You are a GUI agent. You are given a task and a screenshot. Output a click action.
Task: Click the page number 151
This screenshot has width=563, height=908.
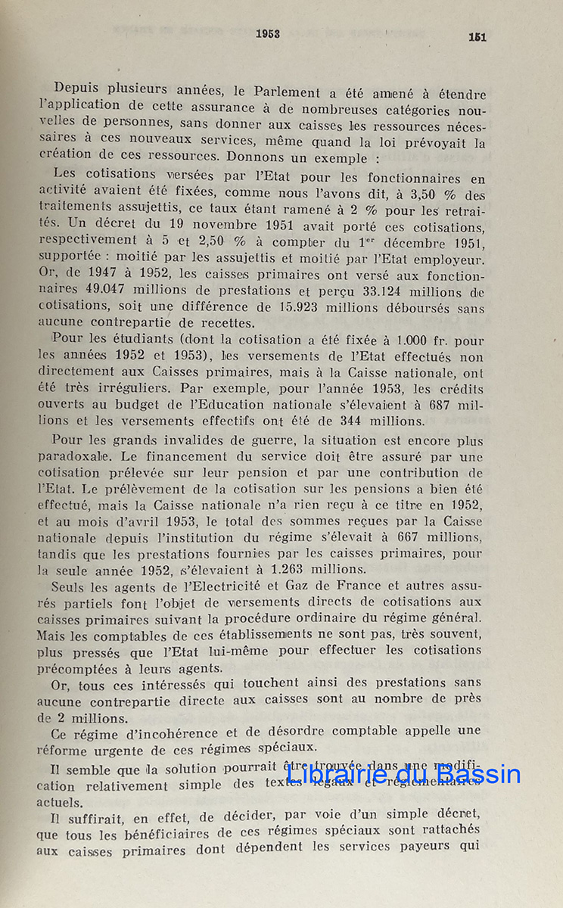[477, 36]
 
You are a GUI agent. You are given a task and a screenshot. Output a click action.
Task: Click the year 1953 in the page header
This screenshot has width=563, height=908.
[268, 33]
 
